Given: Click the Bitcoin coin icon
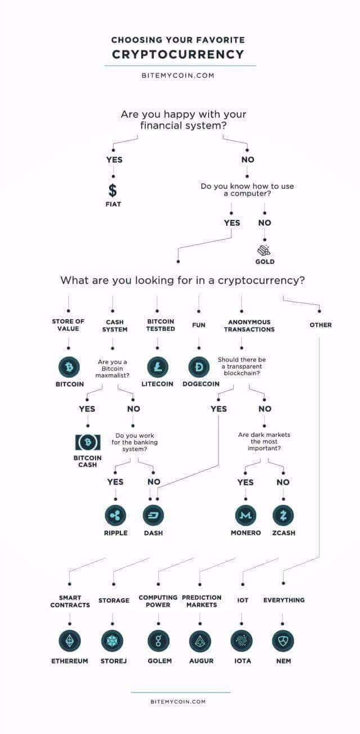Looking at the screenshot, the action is tap(69, 368).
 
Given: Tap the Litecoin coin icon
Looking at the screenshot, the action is tap(157, 368).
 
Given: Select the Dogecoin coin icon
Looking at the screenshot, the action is tap(199, 368).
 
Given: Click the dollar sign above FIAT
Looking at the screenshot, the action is tap(112, 190).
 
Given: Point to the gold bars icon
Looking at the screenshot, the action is tap(264, 250).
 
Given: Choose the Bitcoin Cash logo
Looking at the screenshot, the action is tap(88, 442).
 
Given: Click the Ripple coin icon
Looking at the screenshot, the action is tap(115, 515).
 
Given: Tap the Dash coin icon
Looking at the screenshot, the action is tap(153, 515).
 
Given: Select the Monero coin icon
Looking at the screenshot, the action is tap(245, 515).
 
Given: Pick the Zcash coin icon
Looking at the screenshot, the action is tap(283, 515).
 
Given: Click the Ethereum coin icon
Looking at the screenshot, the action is tap(70, 641).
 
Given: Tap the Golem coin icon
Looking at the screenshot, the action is tap(159, 641).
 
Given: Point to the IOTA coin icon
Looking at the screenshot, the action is tap(242, 641).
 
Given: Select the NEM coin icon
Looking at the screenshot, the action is tap(283, 641).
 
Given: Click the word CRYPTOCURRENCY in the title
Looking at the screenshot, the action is tap(178, 55).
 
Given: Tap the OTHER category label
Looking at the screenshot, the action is tap(321, 325).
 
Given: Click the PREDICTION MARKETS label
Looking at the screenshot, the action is tap(201, 601).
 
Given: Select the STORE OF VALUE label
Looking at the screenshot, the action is tap(68, 325).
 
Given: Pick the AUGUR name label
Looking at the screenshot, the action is tap(201, 661).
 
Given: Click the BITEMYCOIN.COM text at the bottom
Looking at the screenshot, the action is tap(178, 701).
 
